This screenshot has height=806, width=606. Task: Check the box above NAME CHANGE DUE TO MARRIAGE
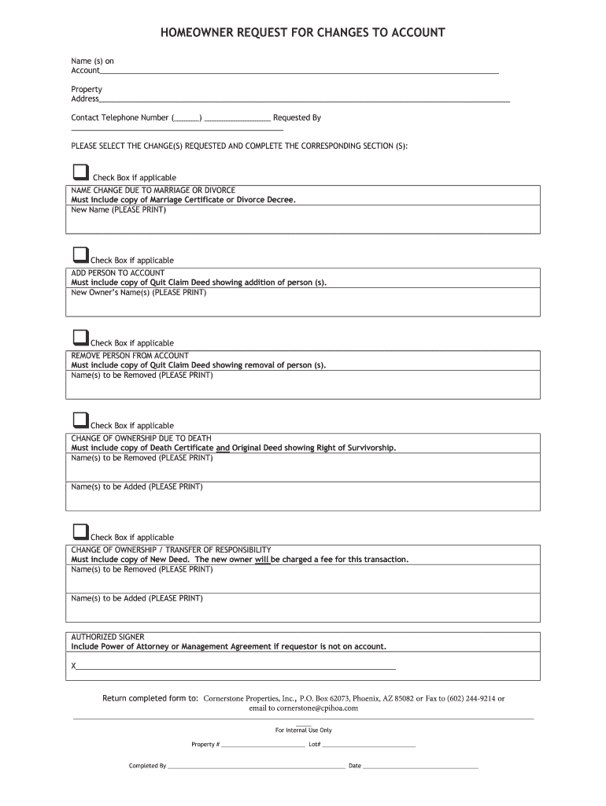point(80,172)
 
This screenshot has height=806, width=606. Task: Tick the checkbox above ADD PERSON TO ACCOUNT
point(80,255)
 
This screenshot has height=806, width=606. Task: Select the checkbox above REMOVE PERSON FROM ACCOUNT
point(80,338)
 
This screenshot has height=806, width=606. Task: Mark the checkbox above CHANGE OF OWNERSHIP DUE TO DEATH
point(80,420)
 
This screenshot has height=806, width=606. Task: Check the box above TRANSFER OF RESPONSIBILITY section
point(80,531)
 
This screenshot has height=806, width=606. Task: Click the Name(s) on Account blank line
point(299,72)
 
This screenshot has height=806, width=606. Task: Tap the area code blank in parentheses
point(187,119)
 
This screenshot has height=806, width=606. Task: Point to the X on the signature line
point(74,666)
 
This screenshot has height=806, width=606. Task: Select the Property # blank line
point(263,745)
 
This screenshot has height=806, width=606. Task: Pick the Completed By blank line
point(256,766)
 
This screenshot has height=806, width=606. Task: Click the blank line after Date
point(420,766)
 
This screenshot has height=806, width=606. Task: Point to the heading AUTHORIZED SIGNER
point(108,637)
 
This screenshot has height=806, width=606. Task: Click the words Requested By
point(297,118)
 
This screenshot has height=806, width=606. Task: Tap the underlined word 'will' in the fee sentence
point(262,560)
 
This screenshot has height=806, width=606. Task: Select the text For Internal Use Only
point(303,730)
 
